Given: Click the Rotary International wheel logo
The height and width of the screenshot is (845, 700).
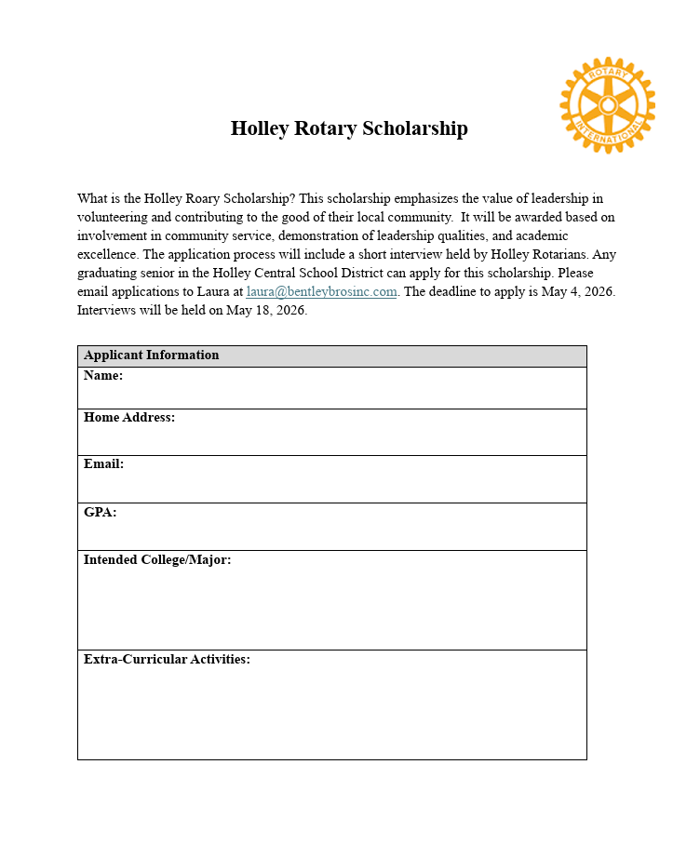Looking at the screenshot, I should [x=607, y=105].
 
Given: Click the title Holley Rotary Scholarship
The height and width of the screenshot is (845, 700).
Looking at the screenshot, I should [x=349, y=128].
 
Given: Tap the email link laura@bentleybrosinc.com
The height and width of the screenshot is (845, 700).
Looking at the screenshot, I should [x=321, y=291].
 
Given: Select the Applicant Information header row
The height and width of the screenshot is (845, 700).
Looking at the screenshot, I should [x=331, y=355].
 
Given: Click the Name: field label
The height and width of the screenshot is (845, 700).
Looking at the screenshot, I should [x=103, y=376].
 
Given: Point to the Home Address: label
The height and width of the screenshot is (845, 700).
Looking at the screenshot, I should [x=129, y=418].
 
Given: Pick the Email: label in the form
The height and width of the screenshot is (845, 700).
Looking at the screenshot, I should [x=103, y=464].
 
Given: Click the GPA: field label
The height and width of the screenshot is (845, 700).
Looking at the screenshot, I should [x=101, y=512].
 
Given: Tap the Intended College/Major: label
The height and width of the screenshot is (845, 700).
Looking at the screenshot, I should [x=157, y=559].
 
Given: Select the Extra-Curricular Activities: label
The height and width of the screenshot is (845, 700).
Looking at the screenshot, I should [x=167, y=659].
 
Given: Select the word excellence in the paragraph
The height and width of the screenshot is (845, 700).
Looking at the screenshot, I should [x=107, y=254].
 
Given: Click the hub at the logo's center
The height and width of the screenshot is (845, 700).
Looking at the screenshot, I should [x=607, y=105].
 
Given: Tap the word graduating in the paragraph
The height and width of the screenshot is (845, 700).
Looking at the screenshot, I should [x=108, y=273].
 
